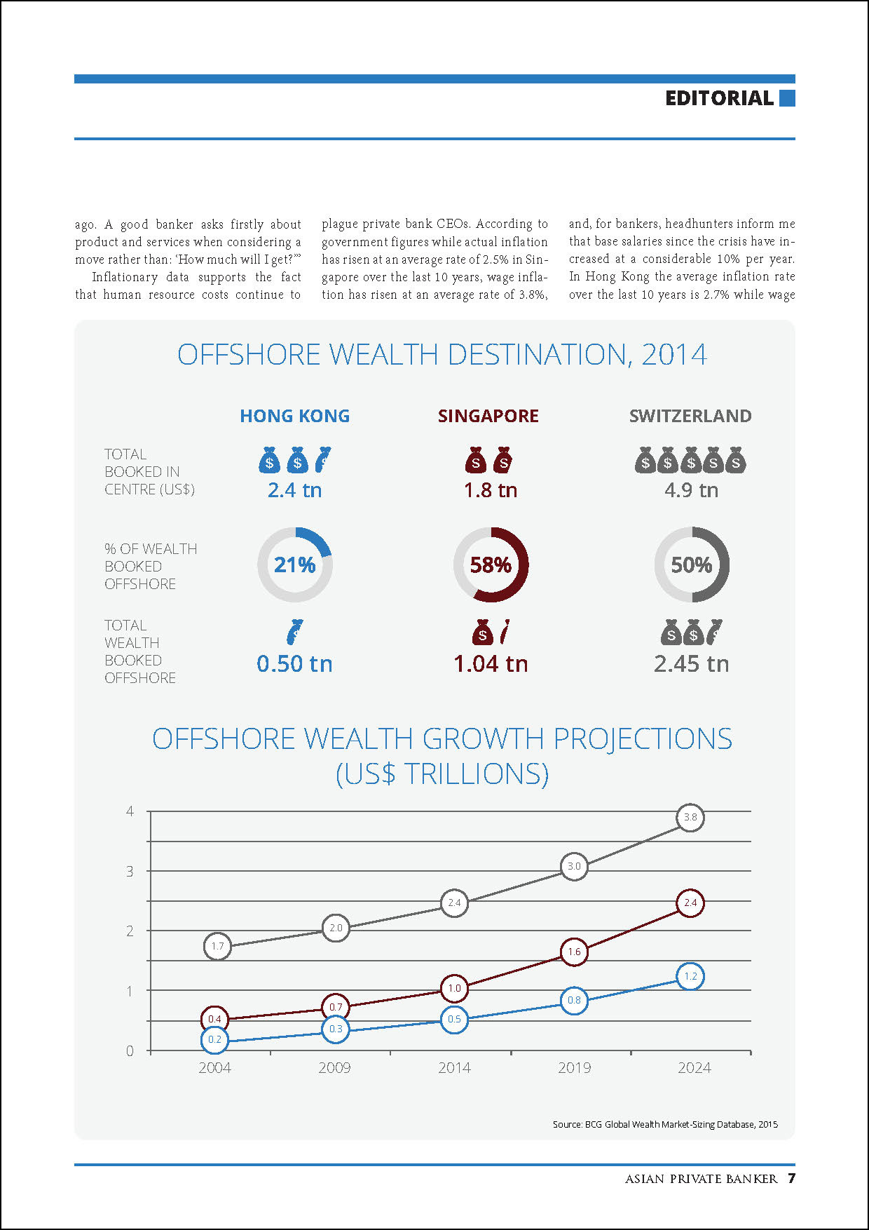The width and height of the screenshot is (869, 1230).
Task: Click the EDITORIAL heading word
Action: point(719,98)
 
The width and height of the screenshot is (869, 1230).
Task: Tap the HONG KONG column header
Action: point(294,416)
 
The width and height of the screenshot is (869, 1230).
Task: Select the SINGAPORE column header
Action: point(488,416)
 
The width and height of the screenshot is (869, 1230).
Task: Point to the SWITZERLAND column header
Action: point(690,416)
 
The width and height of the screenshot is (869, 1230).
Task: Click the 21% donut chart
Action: point(295,565)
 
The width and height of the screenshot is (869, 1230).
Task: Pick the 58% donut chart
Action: point(491,565)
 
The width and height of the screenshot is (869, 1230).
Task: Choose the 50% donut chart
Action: point(692,565)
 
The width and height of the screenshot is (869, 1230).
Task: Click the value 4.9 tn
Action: point(691,490)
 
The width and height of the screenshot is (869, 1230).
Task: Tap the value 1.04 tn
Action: point(491,663)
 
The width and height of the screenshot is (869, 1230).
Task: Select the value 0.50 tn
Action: point(294,663)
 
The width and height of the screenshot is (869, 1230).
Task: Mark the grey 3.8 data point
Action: point(690,817)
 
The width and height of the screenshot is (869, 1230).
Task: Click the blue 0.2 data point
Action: point(214,1039)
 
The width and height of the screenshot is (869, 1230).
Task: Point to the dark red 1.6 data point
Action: point(574,952)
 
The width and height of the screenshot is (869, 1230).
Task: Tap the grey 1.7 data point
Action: point(217,946)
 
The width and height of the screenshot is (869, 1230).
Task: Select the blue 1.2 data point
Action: point(690,976)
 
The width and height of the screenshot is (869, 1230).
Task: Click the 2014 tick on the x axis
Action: point(454,1067)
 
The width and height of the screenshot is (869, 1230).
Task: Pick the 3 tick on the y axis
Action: point(130,871)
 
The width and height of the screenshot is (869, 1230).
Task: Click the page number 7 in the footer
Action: point(791,1178)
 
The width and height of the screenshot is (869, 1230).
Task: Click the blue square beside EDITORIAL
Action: point(787,98)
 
